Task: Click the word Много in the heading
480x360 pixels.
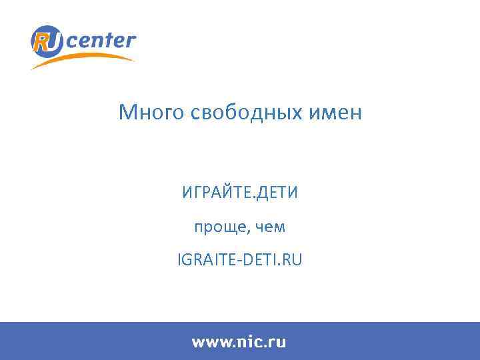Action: (x=152, y=113)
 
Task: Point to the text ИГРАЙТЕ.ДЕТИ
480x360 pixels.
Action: (x=240, y=194)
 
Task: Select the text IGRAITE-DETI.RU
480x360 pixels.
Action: (x=240, y=260)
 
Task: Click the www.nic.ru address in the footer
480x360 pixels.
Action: (x=239, y=342)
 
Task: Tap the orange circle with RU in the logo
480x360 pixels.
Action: (x=47, y=41)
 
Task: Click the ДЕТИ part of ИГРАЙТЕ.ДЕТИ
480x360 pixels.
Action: (x=277, y=194)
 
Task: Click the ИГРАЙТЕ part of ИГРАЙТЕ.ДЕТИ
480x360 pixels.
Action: (x=213, y=194)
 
